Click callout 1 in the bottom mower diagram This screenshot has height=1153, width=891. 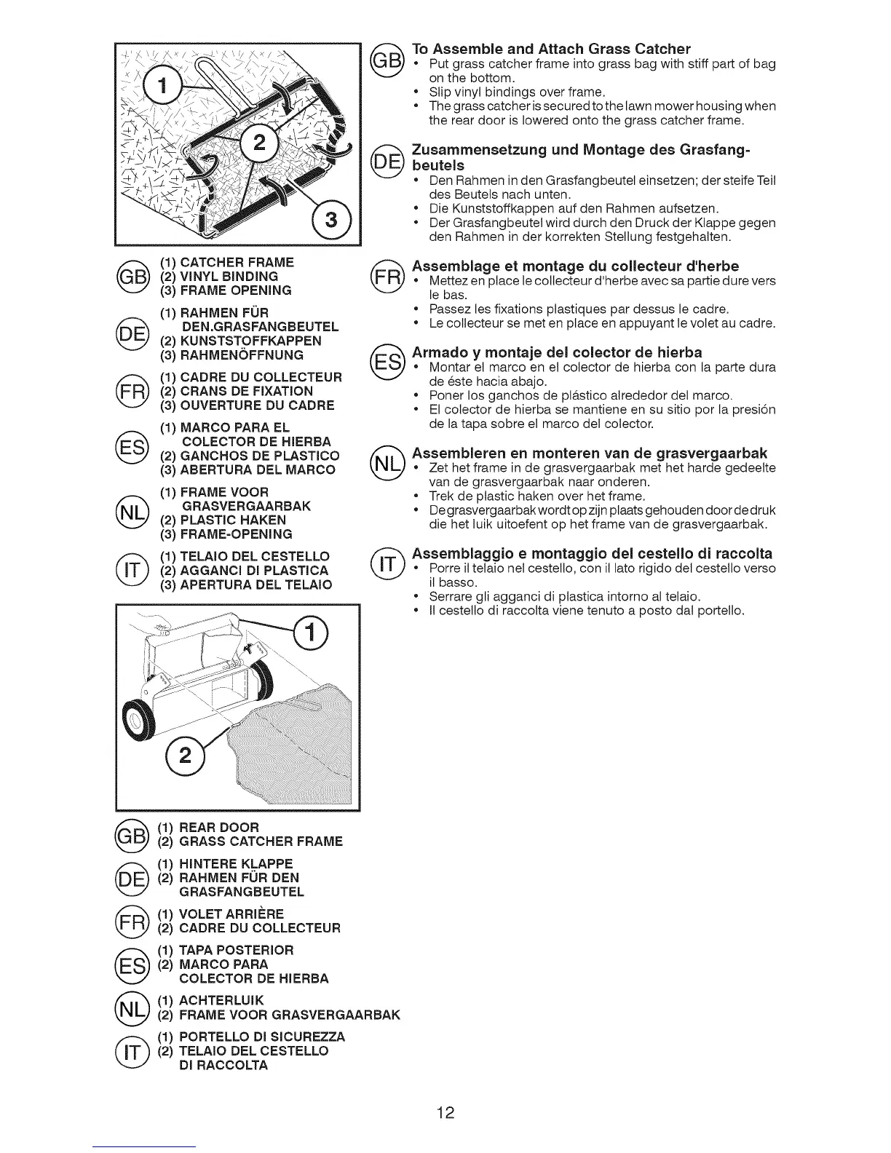(x=310, y=635)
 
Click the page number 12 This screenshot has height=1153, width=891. (x=445, y=1112)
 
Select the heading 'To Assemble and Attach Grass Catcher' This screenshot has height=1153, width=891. (x=551, y=49)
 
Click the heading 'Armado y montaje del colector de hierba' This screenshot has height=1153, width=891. (x=557, y=353)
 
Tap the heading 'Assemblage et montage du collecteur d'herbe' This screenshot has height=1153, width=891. (x=575, y=266)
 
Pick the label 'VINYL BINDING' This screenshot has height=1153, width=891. (x=229, y=277)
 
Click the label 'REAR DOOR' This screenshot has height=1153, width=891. (x=219, y=828)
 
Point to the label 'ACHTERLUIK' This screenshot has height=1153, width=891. (x=221, y=1000)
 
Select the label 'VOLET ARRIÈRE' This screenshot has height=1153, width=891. (x=231, y=914)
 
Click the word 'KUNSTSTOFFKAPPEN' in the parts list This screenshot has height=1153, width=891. (x=251, y=341)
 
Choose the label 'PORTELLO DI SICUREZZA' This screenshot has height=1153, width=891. (x=261, y=1037)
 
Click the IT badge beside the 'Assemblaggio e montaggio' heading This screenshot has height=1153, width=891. (x=387, y=563)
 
